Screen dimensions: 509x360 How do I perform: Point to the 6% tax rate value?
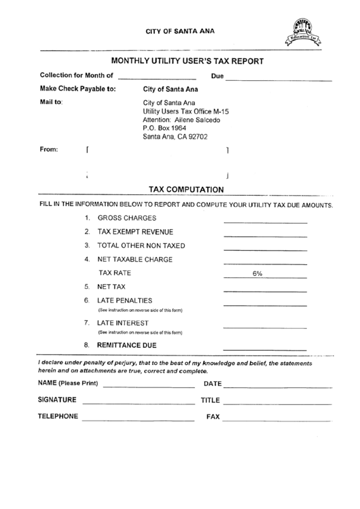click(x=257, y=273)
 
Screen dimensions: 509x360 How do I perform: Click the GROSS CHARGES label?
click(x=127, y=218)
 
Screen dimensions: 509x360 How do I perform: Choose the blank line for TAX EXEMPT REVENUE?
click(x=265, y=235)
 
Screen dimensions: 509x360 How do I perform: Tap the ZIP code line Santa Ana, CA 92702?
click(x=175, y=136)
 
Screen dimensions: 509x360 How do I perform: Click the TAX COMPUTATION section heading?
click(x=186, y=190)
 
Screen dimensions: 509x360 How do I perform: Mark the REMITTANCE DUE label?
click(x=127, y=345)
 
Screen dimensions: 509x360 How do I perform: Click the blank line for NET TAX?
click(x=265, y=290)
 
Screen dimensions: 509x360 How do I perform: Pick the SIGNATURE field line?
click(x=138, y=403)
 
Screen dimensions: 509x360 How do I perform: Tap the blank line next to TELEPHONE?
click(x=138, y=419)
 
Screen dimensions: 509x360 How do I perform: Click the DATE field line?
click(x=277, y=387)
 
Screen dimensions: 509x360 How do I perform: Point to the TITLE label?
click(x=211, y=400)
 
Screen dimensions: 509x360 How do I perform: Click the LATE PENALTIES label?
click(x=125, y=300)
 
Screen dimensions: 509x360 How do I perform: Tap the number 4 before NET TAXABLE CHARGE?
click(x=87, y=260)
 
